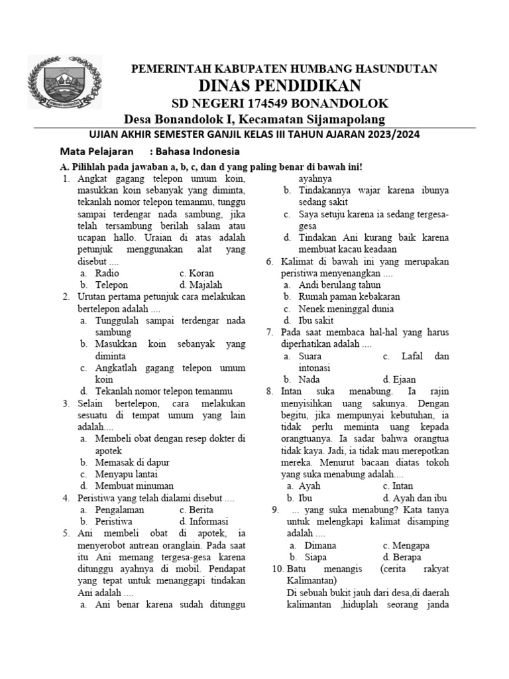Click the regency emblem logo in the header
coord(65,84)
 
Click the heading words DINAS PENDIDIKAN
coord(280,86)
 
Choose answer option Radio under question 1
coord(107,273)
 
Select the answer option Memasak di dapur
coord(132,462)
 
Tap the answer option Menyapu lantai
coord(126,474)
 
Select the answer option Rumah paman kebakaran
coord(349,296)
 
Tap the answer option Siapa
coord(316,557)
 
